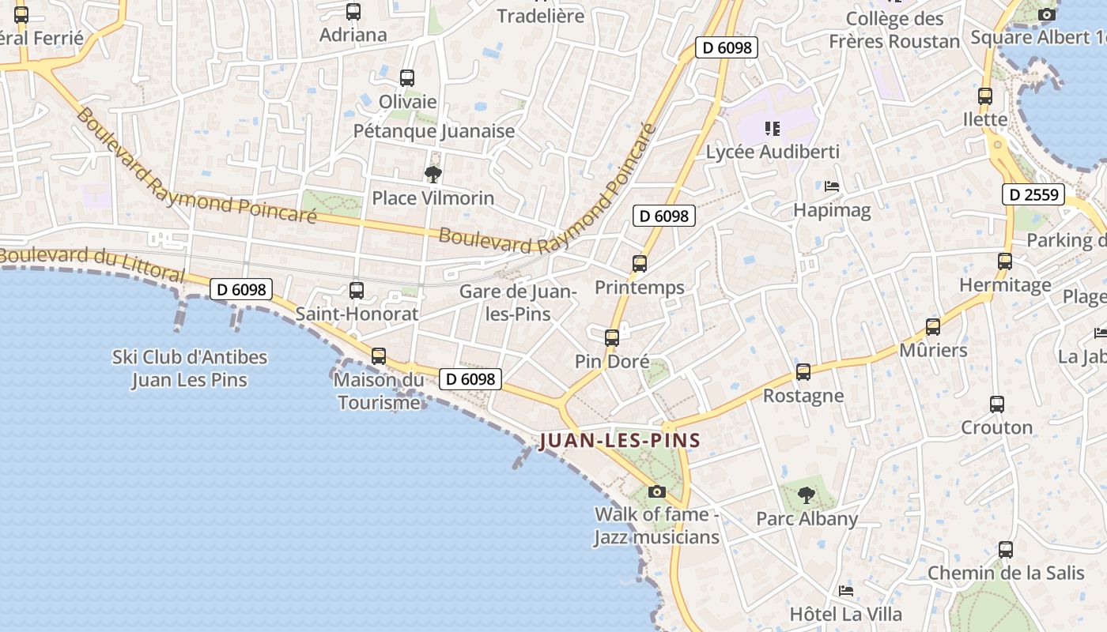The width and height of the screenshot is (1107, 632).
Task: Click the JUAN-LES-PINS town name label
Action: click(620, 440)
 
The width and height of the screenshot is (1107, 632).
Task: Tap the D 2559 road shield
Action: click(1033, 194)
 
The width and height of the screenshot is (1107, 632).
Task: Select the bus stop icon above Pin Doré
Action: click(611, 338)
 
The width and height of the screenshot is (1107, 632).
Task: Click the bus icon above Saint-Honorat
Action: click(357, 290)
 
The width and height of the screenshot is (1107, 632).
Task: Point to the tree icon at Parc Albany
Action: click(807, 495)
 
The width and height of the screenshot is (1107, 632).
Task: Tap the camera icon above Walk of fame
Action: click(656, 491)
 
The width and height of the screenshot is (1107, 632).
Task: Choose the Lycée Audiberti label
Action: click(772, 151)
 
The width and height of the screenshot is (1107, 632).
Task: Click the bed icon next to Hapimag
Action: click(832, 186)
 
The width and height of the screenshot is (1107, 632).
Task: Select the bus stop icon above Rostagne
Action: click(803, 371)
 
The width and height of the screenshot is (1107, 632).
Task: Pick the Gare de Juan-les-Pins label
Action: click(518, 302)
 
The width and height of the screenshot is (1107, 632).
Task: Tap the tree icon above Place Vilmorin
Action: click(433, 174)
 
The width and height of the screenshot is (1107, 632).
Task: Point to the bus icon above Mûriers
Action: click(933, 326)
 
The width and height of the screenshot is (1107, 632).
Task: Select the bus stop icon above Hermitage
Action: click(1005, 261)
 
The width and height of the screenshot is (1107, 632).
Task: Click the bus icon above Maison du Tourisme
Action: click(379, 355)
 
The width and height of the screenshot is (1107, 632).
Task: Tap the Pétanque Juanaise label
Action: click(433, 131)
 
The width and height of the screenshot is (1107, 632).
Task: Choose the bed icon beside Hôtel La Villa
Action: click(846, 590)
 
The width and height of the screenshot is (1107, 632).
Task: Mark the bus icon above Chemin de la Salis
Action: click(1006, 549)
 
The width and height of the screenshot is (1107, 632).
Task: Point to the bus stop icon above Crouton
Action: click(997, 404)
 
